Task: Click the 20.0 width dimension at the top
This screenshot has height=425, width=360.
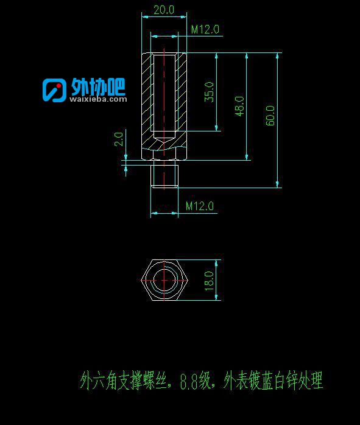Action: [x=164, y=10]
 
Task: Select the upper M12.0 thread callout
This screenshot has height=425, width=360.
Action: [x=205, y=29]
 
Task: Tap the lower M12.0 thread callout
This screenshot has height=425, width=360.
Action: [x=200, y=206]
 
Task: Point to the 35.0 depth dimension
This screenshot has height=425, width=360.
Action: [x=209, y=92]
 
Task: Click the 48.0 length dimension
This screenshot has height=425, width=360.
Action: [x=239, y=106]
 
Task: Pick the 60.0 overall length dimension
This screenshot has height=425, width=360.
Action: [x=270, y=116]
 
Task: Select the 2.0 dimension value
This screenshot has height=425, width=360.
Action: [x=119, y=139]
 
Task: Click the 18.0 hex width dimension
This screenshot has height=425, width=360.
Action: [x=210, y=281]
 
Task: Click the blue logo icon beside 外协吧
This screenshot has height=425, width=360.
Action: [x=54, y=90]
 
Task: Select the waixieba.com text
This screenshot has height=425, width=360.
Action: [x=98, y=99]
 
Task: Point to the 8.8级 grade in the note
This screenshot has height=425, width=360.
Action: [x=196, y=381]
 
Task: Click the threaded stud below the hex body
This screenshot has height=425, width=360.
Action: [x=164, y=176]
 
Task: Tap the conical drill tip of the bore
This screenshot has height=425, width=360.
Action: [x=164, y=141]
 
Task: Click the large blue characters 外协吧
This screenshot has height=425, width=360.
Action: [x=98, y=86]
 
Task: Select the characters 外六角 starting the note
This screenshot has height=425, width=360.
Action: [x=99, y=381]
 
